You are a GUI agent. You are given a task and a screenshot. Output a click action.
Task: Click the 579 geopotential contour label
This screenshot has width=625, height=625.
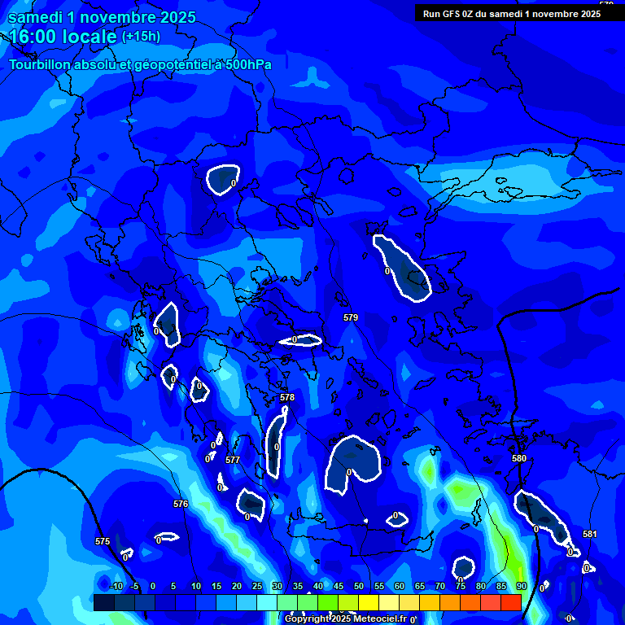click(351, 317)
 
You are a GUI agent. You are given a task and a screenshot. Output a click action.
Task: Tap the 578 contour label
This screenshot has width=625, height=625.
click(287, 397)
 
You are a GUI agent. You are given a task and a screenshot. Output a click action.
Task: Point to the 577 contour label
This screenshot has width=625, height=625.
click(233, 460)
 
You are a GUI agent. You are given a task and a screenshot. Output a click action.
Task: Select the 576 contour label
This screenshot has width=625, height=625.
click(181, 504)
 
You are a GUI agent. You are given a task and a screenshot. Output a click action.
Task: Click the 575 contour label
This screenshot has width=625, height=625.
click(103, 541)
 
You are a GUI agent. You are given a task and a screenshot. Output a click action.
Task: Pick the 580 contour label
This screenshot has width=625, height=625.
click(519, 458)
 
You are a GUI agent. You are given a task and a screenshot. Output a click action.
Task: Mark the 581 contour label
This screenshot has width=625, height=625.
click(590, 534)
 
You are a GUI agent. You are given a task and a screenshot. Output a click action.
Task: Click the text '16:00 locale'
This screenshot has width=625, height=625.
click(63, 36)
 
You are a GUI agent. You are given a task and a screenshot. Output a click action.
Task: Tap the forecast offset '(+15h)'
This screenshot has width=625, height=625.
click(141, 36)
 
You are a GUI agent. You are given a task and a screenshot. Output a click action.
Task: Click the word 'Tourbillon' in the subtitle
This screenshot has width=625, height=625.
click(42, 64)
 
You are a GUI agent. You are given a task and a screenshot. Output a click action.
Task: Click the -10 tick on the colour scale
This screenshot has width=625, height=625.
click(115, 586)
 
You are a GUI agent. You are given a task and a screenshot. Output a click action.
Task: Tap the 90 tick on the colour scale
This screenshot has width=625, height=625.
click(521, 586)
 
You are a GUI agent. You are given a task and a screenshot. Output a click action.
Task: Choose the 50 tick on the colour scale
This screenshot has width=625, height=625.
click(359, 586)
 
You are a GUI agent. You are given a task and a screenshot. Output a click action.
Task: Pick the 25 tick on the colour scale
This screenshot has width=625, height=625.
click(257, 586)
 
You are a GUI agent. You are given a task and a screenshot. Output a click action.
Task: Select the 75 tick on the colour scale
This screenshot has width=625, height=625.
click(461, 586)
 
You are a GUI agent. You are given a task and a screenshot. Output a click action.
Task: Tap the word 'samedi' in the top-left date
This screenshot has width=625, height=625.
click(36, 17)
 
